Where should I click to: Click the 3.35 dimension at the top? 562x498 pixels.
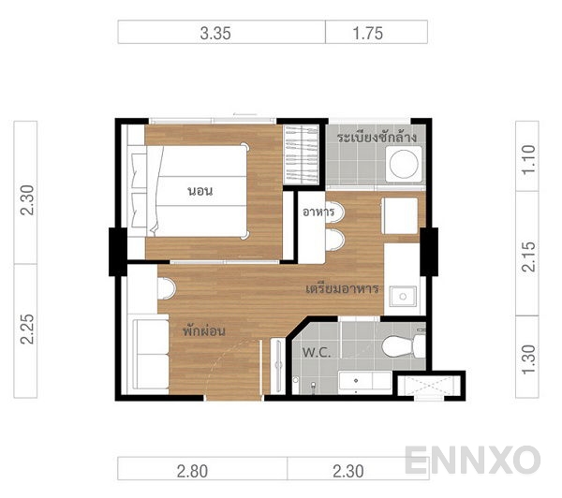(215, 33)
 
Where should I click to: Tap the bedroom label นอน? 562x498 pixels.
(200, 191)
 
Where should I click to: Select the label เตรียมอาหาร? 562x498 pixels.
(342, 288)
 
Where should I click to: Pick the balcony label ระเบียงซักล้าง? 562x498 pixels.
(376, 138)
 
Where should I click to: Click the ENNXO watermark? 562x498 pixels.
(472, 460)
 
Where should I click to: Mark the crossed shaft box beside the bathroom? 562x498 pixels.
(426, 384)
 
